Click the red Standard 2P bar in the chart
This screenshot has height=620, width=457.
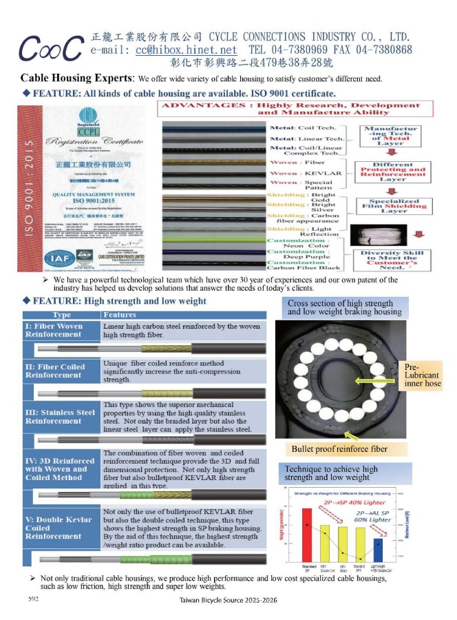click(307, 535)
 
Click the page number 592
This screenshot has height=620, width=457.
click(32, 599)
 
